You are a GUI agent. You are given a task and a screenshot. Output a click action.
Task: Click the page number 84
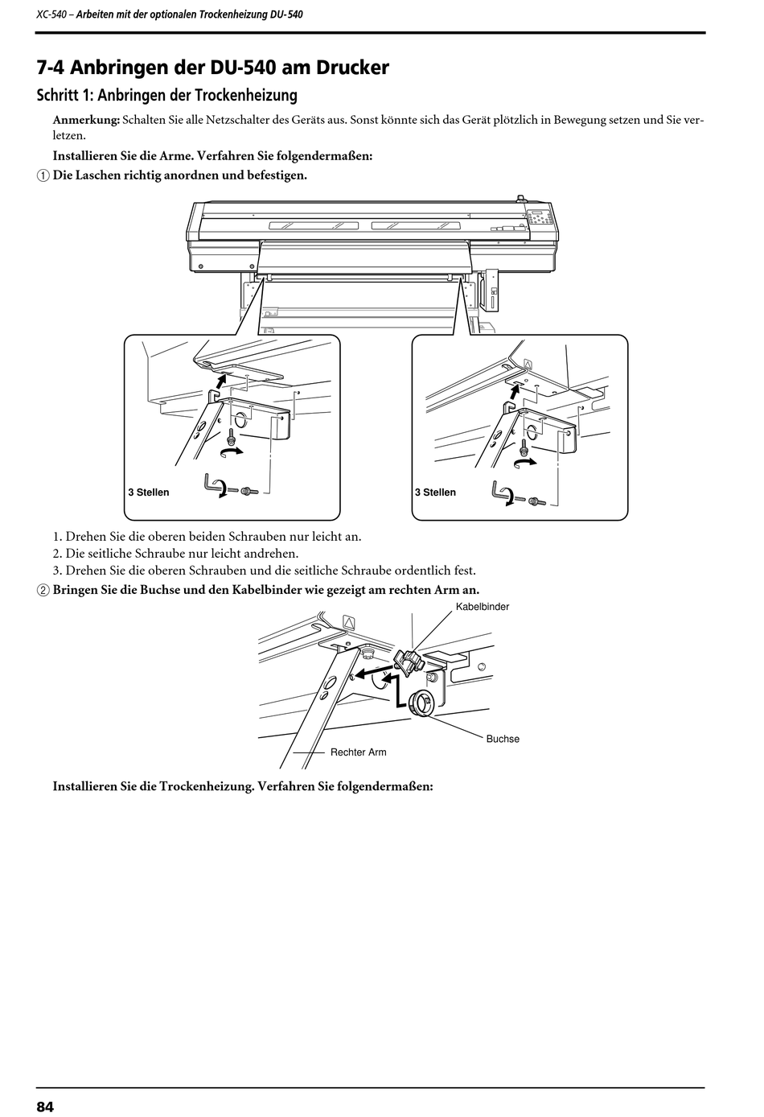(x=45, y=1107)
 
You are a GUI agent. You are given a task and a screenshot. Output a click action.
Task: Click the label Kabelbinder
(x=483, y=607)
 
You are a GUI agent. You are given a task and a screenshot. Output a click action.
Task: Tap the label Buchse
(x=503, y=739)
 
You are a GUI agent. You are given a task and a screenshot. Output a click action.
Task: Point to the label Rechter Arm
(x=358, y=752)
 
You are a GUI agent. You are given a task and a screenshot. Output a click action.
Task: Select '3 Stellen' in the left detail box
(x=149, y=493)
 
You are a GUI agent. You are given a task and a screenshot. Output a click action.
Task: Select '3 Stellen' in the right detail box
(x=435, y=493)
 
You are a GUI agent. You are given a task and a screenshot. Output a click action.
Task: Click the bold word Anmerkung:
(x=86, y=120)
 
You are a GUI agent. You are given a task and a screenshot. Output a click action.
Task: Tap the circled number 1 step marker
(x=43, y=175)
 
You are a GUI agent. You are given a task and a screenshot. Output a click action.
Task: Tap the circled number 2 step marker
(x=43, y=590)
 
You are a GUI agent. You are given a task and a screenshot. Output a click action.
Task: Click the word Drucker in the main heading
(x=352, y=68)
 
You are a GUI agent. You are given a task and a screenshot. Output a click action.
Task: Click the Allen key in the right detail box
(x=502, y=492)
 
